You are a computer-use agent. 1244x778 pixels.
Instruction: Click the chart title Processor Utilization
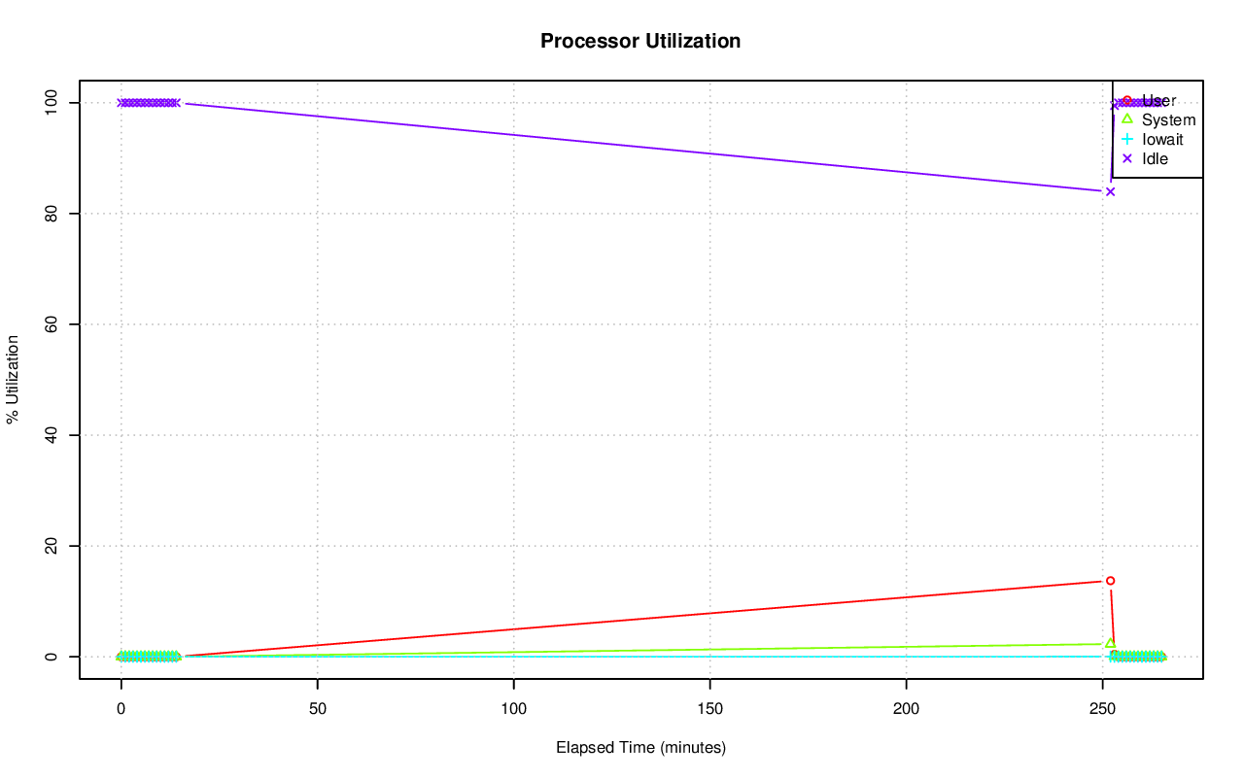[x=640, y=41]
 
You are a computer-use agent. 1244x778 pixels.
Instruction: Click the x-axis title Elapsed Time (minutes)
[x=640, y=748]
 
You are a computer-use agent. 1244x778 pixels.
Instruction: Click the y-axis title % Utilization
[x=13, y=379]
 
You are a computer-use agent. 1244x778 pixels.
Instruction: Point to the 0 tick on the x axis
[x=121, y=709]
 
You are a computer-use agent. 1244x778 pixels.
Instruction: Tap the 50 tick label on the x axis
[x=317, y=709]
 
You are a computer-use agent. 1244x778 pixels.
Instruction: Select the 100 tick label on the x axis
[x=513, y=709]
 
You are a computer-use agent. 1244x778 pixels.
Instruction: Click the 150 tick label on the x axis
[x=710, y=709]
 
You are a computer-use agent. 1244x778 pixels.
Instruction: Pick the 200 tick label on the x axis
[x=907, y=709]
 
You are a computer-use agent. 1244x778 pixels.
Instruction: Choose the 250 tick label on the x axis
[x=1103, y=709]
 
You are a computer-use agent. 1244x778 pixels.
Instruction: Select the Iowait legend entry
[x=1162, y=140]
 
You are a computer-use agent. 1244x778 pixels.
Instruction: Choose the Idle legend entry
[x=1155, y=159]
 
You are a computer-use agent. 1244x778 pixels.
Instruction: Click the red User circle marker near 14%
[x=1110, y=580]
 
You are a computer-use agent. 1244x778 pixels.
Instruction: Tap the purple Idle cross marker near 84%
[x=1110, y=191]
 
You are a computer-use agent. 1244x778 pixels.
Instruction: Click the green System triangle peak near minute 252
[x=1110, y=643]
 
